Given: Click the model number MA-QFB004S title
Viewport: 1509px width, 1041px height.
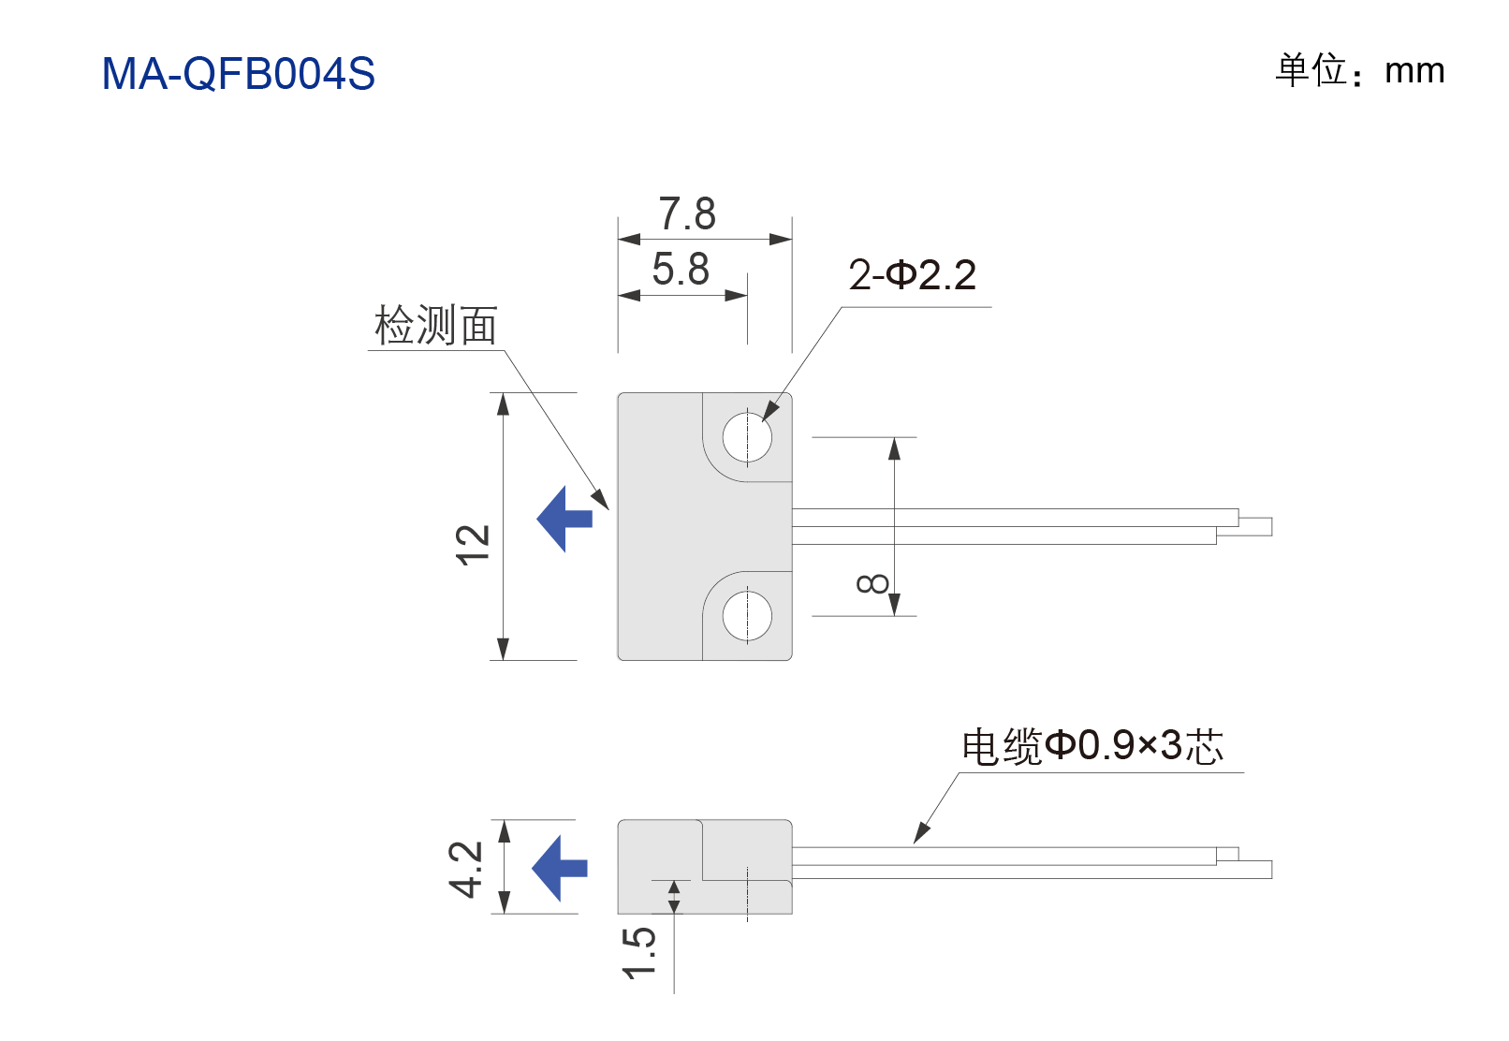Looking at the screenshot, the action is pos(238,73).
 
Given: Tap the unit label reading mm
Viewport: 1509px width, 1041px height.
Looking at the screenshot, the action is pos(1414,71).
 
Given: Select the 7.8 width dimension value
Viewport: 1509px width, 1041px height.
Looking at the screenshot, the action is pos(686,213).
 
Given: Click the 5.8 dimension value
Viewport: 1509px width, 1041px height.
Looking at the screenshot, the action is pos(681,268).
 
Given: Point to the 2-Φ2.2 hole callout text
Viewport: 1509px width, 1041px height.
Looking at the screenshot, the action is pos(912,275).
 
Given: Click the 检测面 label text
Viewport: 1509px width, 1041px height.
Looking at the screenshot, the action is pos(436,325).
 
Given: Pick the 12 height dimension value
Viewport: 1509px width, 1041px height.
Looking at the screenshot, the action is pos(472,545).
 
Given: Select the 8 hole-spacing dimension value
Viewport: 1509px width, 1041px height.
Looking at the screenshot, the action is pos(872,583).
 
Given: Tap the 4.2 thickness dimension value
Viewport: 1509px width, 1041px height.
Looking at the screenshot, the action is pos(465,869).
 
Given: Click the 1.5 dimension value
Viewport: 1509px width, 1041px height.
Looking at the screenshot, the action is pos(638,953).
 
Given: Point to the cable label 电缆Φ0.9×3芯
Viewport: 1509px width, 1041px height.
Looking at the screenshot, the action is pos(1092,746).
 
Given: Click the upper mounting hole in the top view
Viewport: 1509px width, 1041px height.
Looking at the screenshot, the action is pos(747,437).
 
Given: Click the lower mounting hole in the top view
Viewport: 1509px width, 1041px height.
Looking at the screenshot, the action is pos(747,616).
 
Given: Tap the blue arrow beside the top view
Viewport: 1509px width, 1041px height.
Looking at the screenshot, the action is pos(564,519).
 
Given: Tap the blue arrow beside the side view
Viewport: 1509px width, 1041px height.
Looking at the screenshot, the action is pos(560,869).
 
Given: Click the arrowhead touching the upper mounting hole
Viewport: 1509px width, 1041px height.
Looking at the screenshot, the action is pos(770,407).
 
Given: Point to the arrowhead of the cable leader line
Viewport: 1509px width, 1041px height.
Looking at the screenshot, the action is pos(921,833).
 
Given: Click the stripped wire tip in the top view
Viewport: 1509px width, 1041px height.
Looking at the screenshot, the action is pos(1255,527).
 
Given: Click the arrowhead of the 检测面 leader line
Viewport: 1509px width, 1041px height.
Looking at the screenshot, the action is pos(600,499).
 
